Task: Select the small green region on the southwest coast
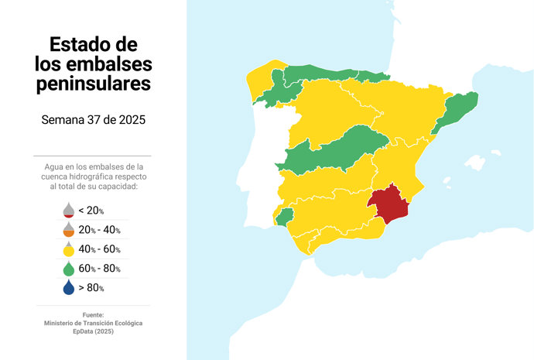point(285,215)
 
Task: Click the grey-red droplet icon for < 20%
point(68,211)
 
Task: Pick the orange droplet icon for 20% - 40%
point(68,230)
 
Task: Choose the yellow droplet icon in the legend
point(68,249)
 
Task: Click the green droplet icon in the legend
point(68,269)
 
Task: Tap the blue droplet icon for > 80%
point(68,288)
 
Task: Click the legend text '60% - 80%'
point(99,269)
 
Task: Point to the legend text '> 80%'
point(91,288)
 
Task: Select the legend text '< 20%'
point(91,211)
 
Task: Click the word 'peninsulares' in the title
point(94,83)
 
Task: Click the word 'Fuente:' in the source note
point(93,314)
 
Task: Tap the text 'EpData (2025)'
point(93,331)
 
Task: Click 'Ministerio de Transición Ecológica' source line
point(93,323)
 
